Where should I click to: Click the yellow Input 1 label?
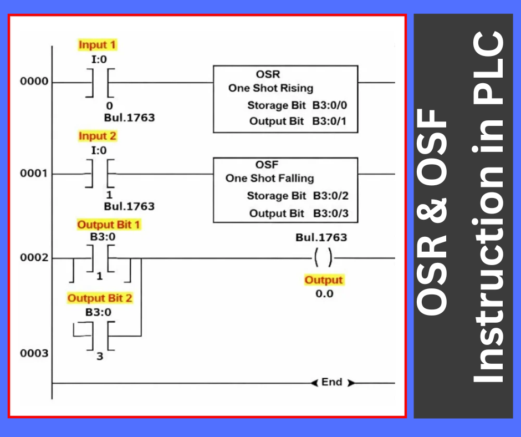tap(98, 45)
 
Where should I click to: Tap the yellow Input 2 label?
tap(98, 136)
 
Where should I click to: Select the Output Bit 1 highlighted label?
tap(109, 225)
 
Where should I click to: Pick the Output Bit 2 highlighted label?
tap(100, 298)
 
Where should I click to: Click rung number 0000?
tap(34, 82)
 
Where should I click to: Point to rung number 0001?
tap(34, 174)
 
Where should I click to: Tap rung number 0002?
tap(34, 258)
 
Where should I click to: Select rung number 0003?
tap(34, 353)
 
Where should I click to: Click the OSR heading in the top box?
tap(268, 74)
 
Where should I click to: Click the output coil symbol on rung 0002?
tap(322, 258)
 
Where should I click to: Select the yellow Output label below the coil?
tap(324, 280)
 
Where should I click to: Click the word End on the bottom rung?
tap(331, 382)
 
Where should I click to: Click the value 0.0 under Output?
tap(324, 293)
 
